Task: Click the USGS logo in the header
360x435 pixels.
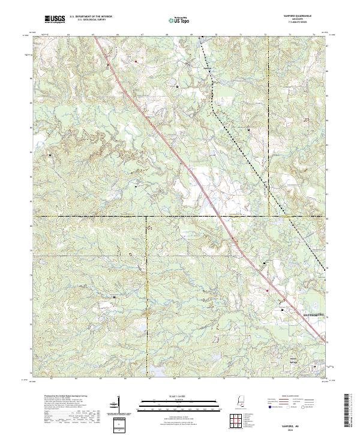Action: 55,20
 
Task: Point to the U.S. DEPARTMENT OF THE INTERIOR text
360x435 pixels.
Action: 91,17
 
